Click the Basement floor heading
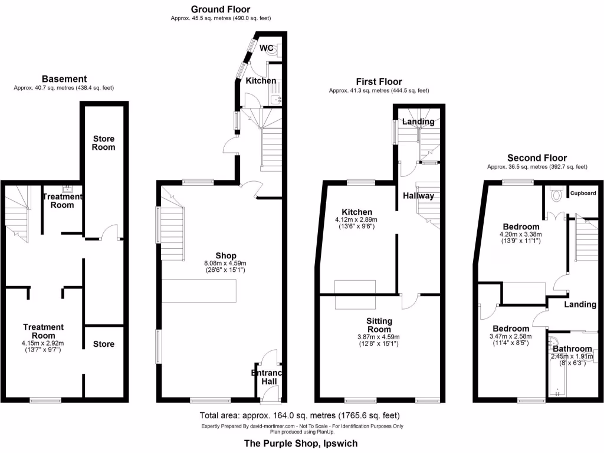[64, 78]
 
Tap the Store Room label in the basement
[103, 143]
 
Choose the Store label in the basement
[103, 344]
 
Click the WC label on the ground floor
[265, 48]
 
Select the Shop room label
[218, 256]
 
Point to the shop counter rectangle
[199, 291]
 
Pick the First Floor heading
[379, 81]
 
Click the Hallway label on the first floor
[418, 196]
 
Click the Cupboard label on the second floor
[583, 193]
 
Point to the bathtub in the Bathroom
[554, 369]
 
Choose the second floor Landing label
[580, 304]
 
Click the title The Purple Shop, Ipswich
[301, 443]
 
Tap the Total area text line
[301, 415]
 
